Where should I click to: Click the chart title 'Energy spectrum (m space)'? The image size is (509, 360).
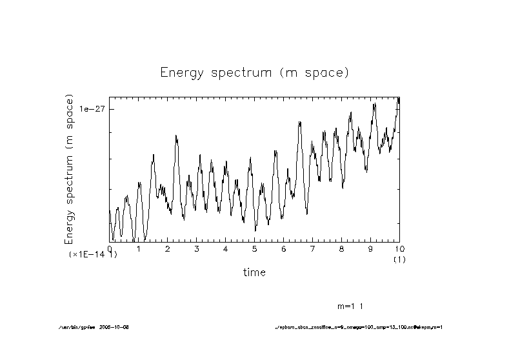(x=254, y=73)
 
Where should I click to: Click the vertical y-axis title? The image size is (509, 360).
(x=70, y=169)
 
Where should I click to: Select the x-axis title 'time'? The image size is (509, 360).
(x=254, y=273)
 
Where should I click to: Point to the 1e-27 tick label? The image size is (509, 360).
(x=92, y=109)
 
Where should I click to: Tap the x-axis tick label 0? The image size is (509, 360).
(x=110, y=249)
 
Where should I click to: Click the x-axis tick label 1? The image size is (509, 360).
(x=139, y=249)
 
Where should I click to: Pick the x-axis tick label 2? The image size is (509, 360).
(x=168, y=249)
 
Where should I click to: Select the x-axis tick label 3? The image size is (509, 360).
(x=197, y=249)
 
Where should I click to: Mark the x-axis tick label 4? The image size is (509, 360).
(x=225, y=249)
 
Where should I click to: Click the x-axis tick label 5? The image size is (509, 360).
(x=255, y=249)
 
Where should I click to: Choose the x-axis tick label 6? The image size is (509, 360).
(x=283, y=249)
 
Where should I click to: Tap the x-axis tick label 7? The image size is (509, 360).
(x=312, y=249)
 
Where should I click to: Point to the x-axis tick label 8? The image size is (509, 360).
(x=341, y=249)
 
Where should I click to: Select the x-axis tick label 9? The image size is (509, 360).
(x=370, y=249)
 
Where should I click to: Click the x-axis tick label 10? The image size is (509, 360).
(x=399, y=249)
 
